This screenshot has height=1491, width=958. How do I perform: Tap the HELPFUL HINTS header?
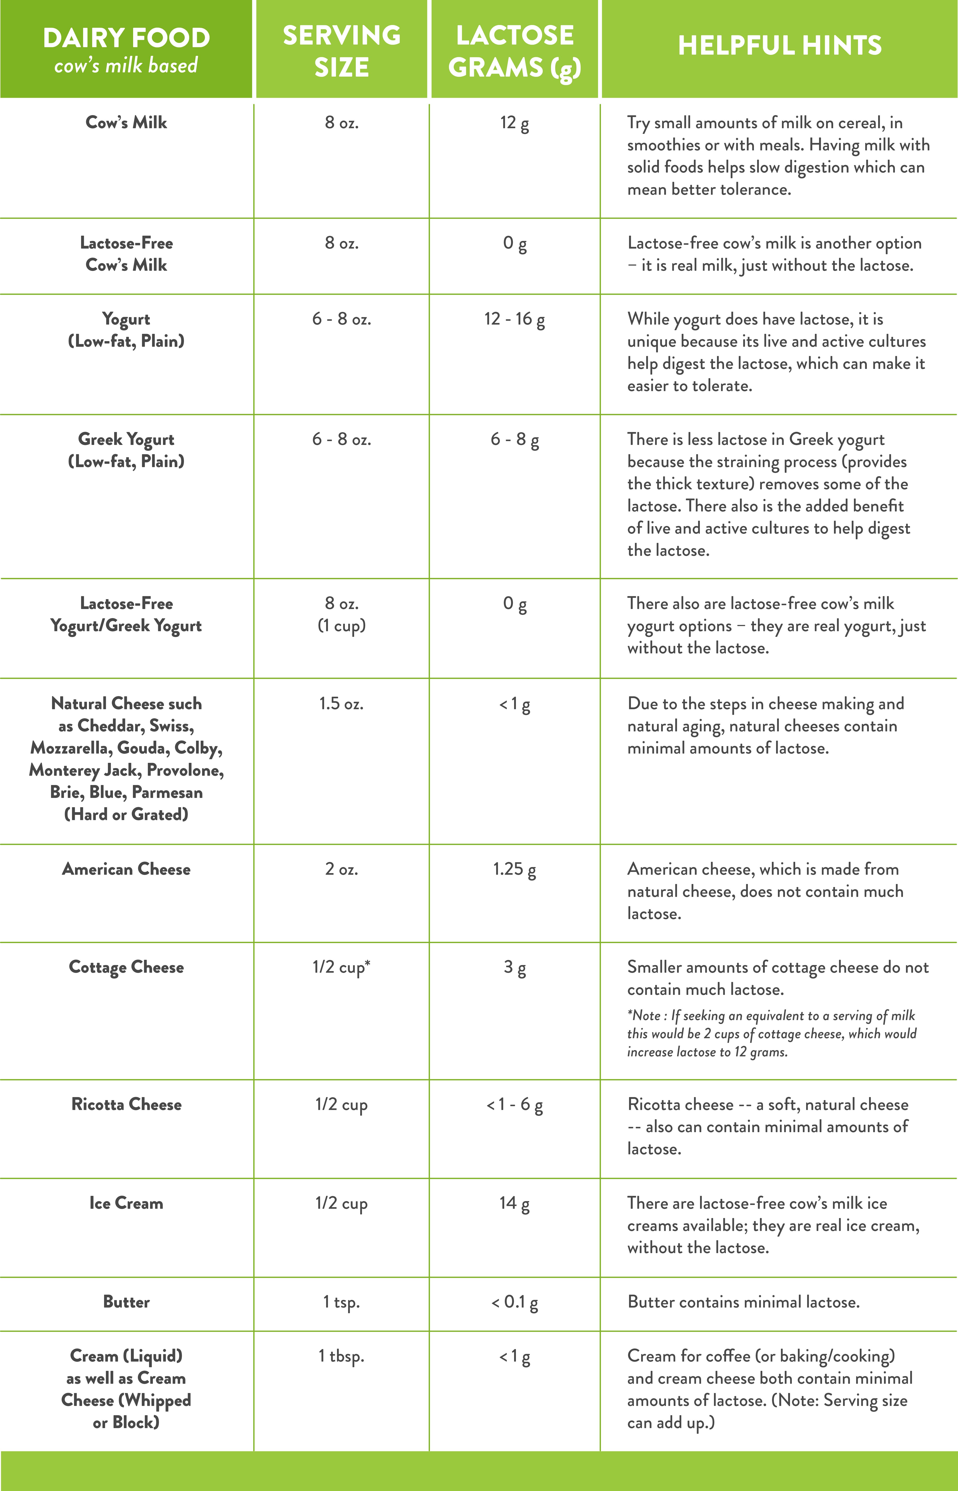(780, 45)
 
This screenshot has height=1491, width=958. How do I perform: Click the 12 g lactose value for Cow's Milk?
(514, 123)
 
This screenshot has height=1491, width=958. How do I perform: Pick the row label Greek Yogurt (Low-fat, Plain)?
(126, 450)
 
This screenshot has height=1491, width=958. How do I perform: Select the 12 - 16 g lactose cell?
(514, 320)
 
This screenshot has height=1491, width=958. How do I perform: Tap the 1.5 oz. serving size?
(341, 704)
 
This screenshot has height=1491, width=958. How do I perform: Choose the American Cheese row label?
(126, 869)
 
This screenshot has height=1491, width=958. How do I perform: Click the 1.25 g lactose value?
(514, 869)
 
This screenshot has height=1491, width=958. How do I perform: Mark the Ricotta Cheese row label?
(126, 1105)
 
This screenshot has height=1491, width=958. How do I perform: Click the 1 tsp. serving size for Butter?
(341, 1302)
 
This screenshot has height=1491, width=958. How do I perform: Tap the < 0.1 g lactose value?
(514, 1302)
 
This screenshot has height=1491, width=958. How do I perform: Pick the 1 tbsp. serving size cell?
(341, 1356)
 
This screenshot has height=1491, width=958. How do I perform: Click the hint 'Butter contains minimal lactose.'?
(743, 1302)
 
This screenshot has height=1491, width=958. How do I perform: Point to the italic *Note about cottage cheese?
(771, 1033)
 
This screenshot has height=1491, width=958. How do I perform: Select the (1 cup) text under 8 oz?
(341, 626)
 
